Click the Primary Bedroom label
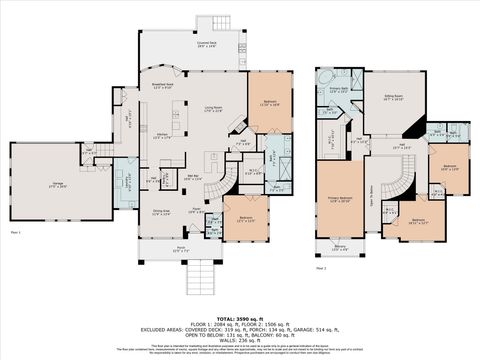(338, 200)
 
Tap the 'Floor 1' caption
(16, 232)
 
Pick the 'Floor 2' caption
(320, 268)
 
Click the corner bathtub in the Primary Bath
(323, 76)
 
